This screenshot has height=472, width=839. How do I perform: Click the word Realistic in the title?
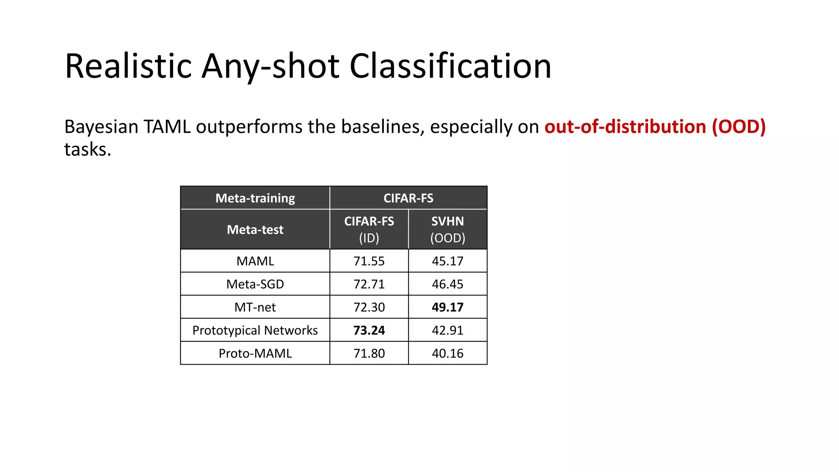tap(128, 66)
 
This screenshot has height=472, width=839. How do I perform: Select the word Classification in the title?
tap(450, 66)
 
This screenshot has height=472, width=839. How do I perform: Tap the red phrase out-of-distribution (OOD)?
tap(655, 127)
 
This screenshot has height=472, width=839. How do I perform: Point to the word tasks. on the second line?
tap(88, 150)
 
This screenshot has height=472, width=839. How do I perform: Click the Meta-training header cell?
tap(255, 198)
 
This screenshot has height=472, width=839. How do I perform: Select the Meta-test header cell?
tap(255, 229)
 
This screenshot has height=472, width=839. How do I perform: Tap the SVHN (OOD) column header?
tap(447, 229)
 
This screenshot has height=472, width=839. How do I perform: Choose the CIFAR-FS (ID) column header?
tap(369, 229)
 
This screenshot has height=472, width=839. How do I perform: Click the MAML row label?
tap(255, 261)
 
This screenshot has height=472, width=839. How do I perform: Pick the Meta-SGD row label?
tap(255, 284)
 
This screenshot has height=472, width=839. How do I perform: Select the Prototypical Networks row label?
tap(255, 330)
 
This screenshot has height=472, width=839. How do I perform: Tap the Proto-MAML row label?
tap(255, 353)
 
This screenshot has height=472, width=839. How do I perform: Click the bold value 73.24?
tap(369, 330)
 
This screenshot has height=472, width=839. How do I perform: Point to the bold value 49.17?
tap(447, 307)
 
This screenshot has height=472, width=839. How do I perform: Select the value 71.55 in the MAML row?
tap(369, 261)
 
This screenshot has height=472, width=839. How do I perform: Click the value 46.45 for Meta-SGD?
tap(447, 284)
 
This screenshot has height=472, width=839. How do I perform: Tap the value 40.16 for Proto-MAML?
tap(447, 353)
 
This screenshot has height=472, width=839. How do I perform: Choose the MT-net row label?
tap(255, 307)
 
